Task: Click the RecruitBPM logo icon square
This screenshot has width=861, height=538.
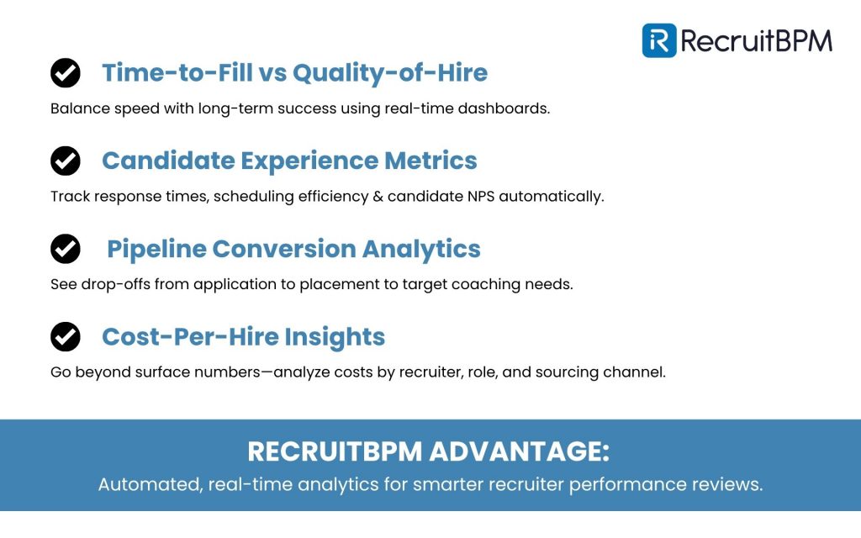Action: [x=659, y=40]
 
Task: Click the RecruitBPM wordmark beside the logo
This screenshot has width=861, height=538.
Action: [x=757, y=40]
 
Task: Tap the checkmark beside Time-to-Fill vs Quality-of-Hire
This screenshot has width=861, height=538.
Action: [x=66, y=73]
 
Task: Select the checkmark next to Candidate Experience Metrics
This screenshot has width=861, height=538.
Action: [x=66, y=161]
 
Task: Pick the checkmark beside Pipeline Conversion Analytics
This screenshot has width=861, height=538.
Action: [x=66, y=249]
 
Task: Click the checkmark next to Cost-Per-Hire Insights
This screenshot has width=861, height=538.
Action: [x=66, y=336]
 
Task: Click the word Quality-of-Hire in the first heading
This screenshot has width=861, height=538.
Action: [x=390, y=73]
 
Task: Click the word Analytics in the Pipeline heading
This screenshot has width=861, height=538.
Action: [x=421, y=249]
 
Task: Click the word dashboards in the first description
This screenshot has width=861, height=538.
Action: [x=504, y=108]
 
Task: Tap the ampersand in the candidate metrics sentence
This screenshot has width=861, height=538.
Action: [x=378, y=197]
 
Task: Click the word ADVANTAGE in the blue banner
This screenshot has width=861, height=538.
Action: [x=519, y=451]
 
